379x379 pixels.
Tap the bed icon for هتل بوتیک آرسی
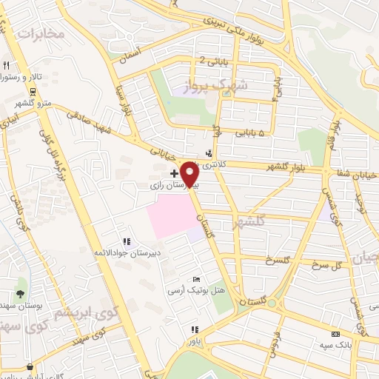(x=195, y=279)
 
